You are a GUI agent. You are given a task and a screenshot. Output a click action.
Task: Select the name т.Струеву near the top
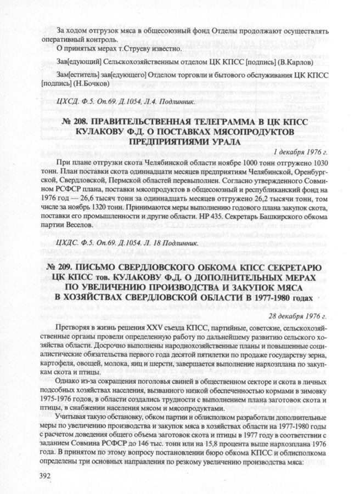(x=120, y=49)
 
